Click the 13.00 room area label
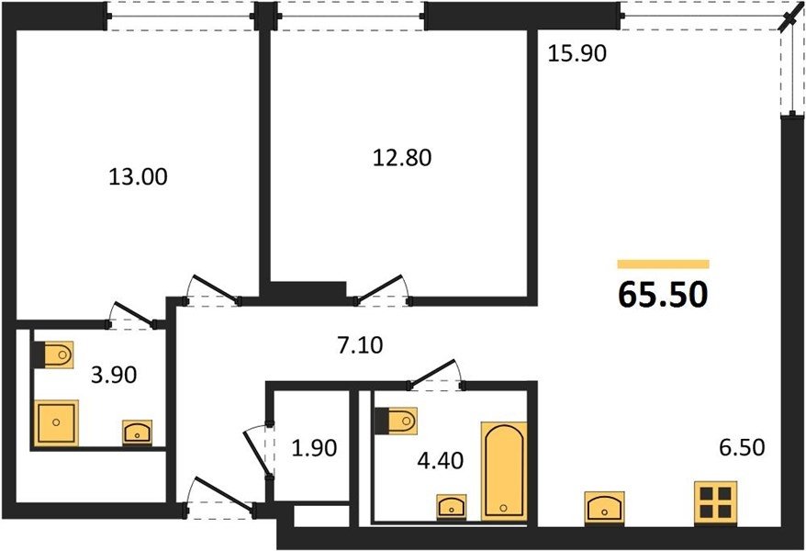(x=138, y=177)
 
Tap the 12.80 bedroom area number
(x=402, y=157)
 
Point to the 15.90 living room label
(x=577, y=53)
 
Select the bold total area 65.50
(x=663, y=295)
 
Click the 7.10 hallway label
(x=361, y=345)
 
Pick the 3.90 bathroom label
(x=114, y=376)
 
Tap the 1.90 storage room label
(x=314, y=448)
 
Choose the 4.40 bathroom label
(x=441, y=460)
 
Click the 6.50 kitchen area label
(x=742, y=448)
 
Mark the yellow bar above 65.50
(x=663, y=264)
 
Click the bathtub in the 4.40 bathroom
(x=504, y=471)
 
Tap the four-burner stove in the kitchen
(x=715, y=503)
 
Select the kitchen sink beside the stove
(x=604, y=508)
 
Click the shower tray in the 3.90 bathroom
(x=57, y=422)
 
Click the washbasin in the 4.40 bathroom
(x=452, y=507)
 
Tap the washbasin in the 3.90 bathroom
(x=138, y=433)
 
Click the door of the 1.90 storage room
(x=258, y=451)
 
